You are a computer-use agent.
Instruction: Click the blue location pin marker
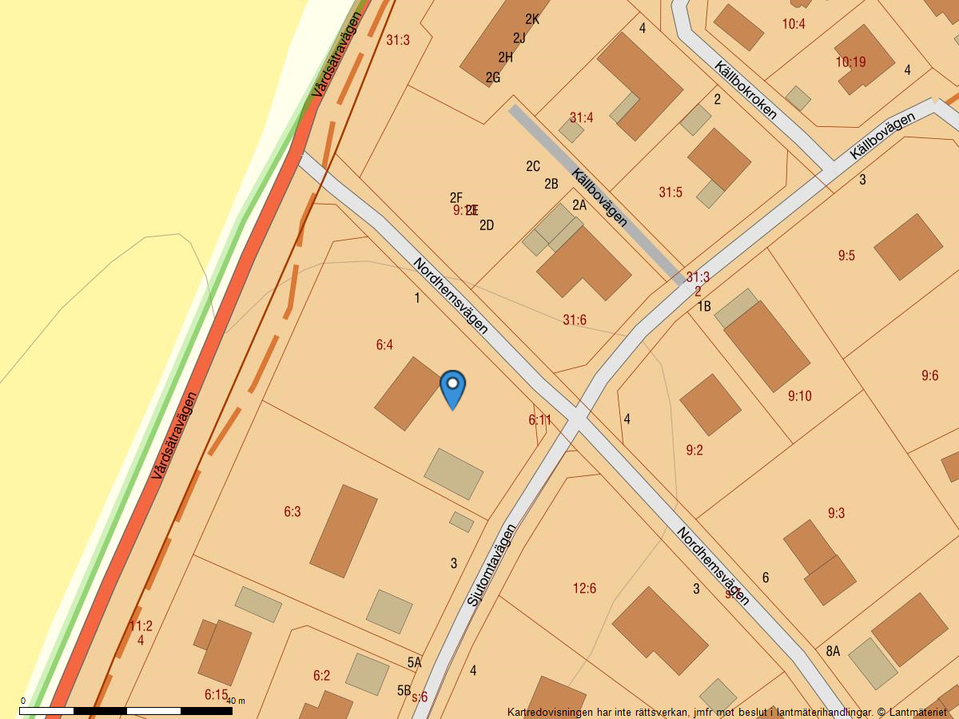pyautogui.click(x=452, y=387)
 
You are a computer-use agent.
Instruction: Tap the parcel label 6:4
pyautogui.click(x=384, y=345)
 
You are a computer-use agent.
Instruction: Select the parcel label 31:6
pyautogui.click(x=574, y=320)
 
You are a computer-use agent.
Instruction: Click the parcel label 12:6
pyautogui.click(x=584, y=589)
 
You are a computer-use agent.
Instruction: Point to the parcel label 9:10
pyautogui.click(x=799, y=395)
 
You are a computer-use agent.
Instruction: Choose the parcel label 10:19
pyautogui.click(x=850, y=62)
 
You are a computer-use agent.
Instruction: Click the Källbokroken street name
pyautogui.click(x=746, y=89)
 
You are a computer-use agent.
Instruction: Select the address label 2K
pyautogui.click(x=532, y=19)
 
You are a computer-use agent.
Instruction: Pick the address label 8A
pyautogui.click(x=833, y=651)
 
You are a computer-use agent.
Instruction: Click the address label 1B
pyautogui.click(x=703, y=306)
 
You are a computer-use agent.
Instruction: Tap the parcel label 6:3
pyautogui.click(x=292, y=512)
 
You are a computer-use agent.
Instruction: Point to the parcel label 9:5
pyautogui.click(x=846, y=256)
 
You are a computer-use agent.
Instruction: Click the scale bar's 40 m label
pyautogui.click(x=236, y=701)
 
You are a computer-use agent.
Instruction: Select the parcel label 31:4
pyautogui.click(x=581, y=118)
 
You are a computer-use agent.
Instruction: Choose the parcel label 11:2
pyautogui.click(x=141, y=626)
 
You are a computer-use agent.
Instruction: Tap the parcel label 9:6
pyautogui.click(x=929, y=375)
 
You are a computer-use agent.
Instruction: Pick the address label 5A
pyautogui.click(x=414, y=662)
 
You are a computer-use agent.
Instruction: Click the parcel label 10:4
pyautogui.click(x=794, y=24)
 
